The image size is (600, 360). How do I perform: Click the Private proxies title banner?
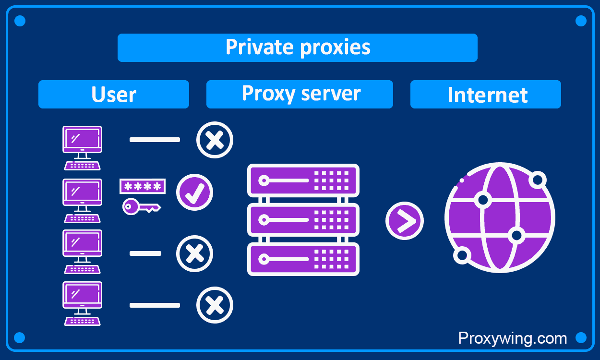298,48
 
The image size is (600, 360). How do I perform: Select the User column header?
114,95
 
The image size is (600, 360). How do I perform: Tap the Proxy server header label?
300,94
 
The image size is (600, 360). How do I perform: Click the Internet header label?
486,95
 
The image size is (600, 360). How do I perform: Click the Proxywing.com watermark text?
512,338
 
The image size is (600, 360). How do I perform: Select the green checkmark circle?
194,192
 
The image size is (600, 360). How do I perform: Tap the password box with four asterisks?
143,186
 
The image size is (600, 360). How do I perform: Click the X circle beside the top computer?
215,140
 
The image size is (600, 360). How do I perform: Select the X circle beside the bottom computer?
215,305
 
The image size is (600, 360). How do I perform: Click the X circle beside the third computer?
194,253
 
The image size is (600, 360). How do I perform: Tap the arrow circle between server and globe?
404,221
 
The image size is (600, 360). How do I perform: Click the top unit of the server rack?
303,180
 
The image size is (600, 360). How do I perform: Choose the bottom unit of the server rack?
303,259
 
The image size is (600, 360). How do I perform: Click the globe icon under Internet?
499,218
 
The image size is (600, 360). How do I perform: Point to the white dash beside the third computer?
145,253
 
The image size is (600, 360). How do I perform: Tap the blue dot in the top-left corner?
20,21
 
